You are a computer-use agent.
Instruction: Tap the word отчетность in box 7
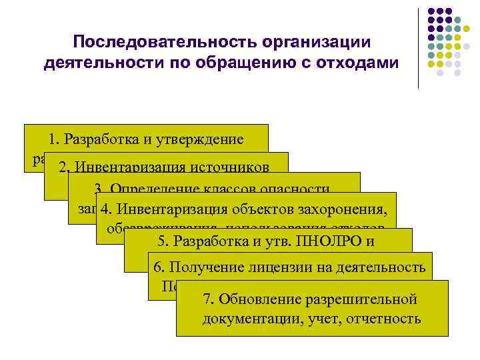(385, 318)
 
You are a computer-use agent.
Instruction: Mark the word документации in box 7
(252, 318)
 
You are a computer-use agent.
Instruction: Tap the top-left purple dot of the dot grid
(432, 12)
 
